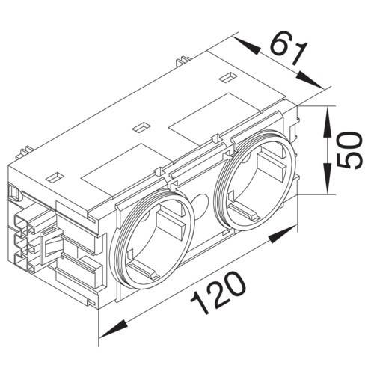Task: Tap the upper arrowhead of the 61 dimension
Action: pyautogui.click(x=247, y=46)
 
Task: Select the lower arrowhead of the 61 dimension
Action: pyautogui.click(x=310, y=80)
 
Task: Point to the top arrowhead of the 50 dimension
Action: pyautogui.click(x=327, y=122)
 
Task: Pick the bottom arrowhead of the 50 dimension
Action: pyautogui.click(x=327, y=178)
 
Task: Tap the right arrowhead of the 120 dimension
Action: pyautogui.click(x=283, y=234)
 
